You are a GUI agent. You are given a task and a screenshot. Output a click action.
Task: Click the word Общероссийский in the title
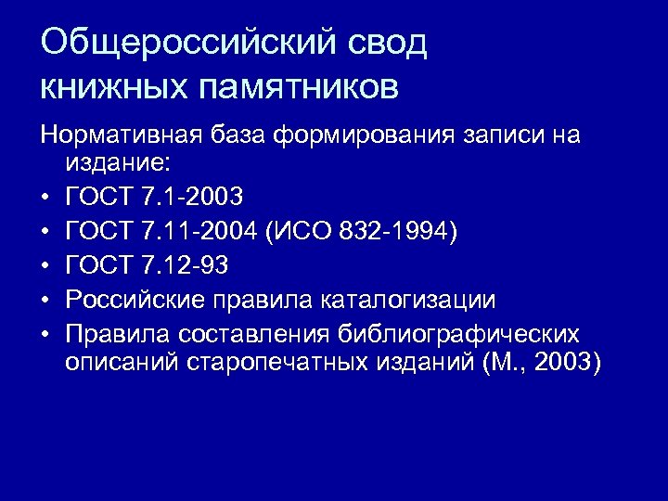point(185,44)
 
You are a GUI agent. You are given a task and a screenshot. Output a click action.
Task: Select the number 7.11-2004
point(199,230)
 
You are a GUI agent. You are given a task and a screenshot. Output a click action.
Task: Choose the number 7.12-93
point(186,265)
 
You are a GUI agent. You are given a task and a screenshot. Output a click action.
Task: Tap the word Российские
point(131,300)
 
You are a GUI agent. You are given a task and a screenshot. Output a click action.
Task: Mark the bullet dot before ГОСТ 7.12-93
point(45,266)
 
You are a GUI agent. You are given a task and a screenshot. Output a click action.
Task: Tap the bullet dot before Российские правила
point(45,301)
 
